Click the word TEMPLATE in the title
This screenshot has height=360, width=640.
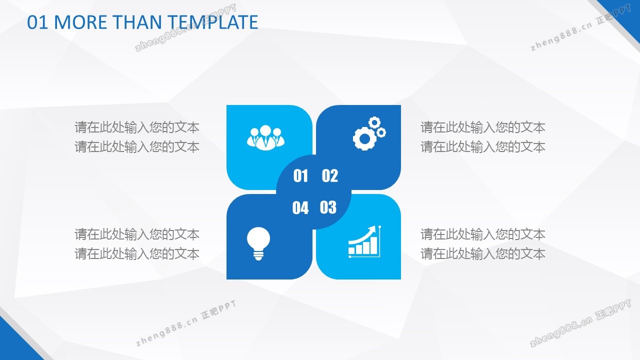coord(212,22)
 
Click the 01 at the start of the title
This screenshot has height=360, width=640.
coord(37,22)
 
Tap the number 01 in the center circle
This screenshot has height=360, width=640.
coord(300,175)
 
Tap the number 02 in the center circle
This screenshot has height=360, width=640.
coord(329,175)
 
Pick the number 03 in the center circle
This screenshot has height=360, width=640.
coord(328,207)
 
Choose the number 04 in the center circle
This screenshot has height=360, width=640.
coord(300,207)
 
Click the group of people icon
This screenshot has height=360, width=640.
coord(265,137)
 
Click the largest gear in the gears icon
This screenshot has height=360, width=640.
coord(364,138)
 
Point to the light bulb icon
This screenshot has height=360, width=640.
coord(258,243)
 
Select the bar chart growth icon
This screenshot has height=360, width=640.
coord(365,241)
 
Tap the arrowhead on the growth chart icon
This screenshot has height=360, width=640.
coord(372,229)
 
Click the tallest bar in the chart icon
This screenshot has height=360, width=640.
coord(373,245)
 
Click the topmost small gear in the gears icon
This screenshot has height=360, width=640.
coord(374,122)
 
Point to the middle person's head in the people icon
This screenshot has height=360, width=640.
coord(265,130)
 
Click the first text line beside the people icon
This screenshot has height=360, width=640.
coord(137,127)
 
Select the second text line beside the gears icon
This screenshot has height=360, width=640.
coord(483,147)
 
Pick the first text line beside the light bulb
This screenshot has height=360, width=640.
coord(137,234)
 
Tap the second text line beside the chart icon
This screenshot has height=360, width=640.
coord(483,253)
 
